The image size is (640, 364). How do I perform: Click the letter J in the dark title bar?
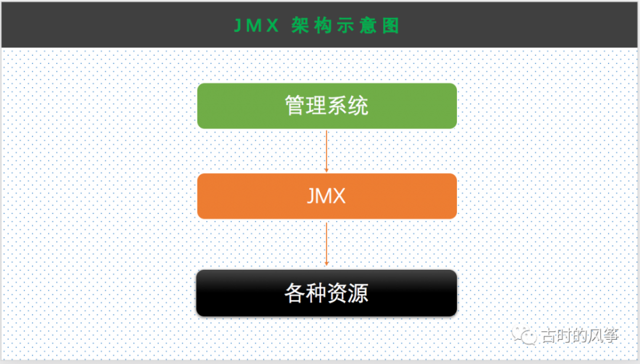(237, 25)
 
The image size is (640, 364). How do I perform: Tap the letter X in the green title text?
(274, 25)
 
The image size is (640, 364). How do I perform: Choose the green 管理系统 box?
(326, 106)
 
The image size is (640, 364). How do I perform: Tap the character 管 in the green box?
(295, 106)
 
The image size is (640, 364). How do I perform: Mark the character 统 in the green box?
(358, 106)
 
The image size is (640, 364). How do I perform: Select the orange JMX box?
(326, 196)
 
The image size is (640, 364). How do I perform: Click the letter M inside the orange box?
(326, 196)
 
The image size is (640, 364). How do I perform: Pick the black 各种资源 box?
(326, 293)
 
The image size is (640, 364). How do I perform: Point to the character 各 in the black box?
(295, 294)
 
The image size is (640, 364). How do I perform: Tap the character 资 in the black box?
(337, 294)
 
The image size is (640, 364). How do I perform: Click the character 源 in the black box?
(358, 294)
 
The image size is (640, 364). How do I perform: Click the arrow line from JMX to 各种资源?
(326, 242)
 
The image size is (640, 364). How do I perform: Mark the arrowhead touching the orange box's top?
(326, 170)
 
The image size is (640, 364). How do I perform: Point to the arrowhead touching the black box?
(326, 263)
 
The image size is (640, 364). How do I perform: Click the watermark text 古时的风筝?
(579, 336)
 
